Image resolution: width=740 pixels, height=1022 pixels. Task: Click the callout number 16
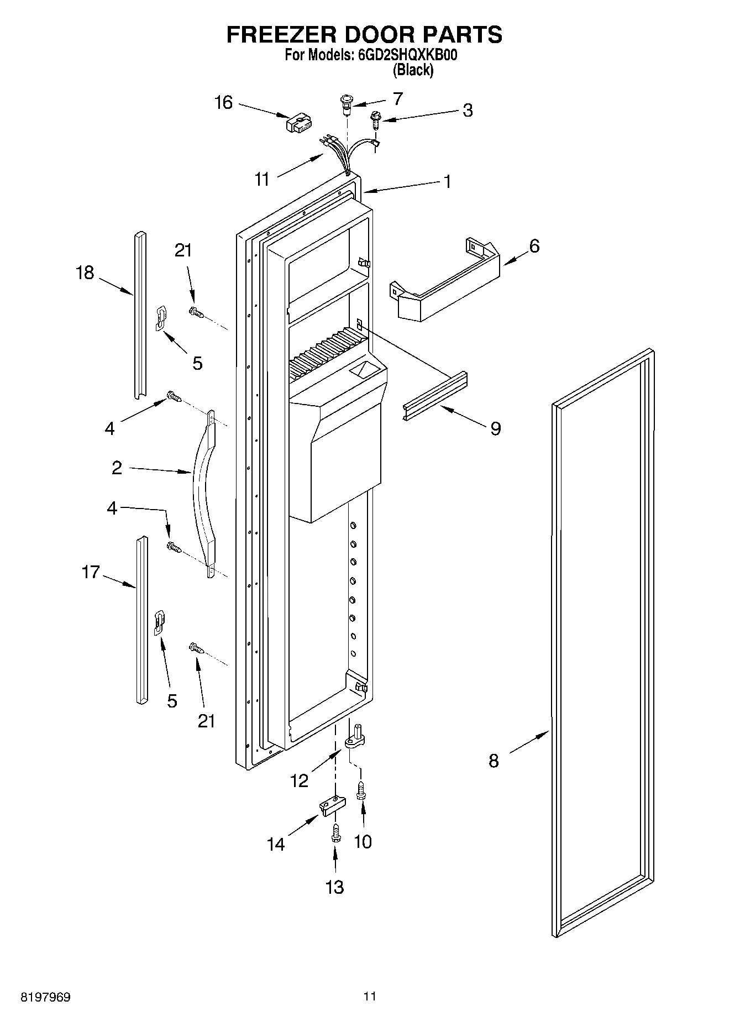[x=224, y=103]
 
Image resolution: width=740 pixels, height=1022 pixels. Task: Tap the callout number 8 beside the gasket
[x=494, y=761]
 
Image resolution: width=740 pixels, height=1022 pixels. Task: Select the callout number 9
[x=496, y=428]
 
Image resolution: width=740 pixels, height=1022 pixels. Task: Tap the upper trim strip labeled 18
[x=140, y=315]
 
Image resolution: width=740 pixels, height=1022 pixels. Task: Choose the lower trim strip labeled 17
[x=141, y=619]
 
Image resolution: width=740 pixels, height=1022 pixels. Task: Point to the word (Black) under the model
[x=413, y=70]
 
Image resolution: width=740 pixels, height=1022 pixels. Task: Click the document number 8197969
[x=45, y=997]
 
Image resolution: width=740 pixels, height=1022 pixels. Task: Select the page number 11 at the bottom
[x=370, y=997]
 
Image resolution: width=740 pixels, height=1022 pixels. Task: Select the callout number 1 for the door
[x=447, y=182]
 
